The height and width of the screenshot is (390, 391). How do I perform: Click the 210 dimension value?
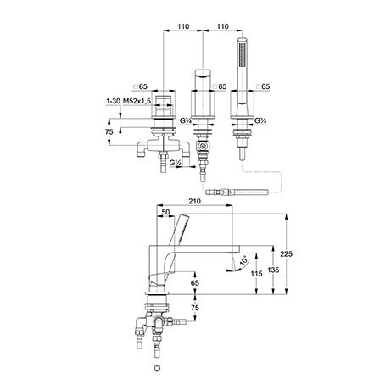click(x=194, y=201)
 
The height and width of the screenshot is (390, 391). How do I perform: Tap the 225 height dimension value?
click(x=287, y=254)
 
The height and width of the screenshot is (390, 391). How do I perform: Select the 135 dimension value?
click(x=273, y=270)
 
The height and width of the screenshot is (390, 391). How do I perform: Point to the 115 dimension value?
click(x=256, y=273)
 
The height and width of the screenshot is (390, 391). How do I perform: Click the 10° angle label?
click(x=244, y=259)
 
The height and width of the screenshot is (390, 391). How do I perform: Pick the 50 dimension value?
click(x=166, y=212)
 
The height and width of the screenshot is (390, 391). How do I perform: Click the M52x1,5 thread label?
click(x=137, y=101)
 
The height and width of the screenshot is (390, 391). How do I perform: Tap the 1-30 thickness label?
click(x=114, y=101)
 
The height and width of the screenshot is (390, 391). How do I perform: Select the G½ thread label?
click(x=176, y=163)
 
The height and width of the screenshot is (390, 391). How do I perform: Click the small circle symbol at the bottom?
click(x=156, y=368)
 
